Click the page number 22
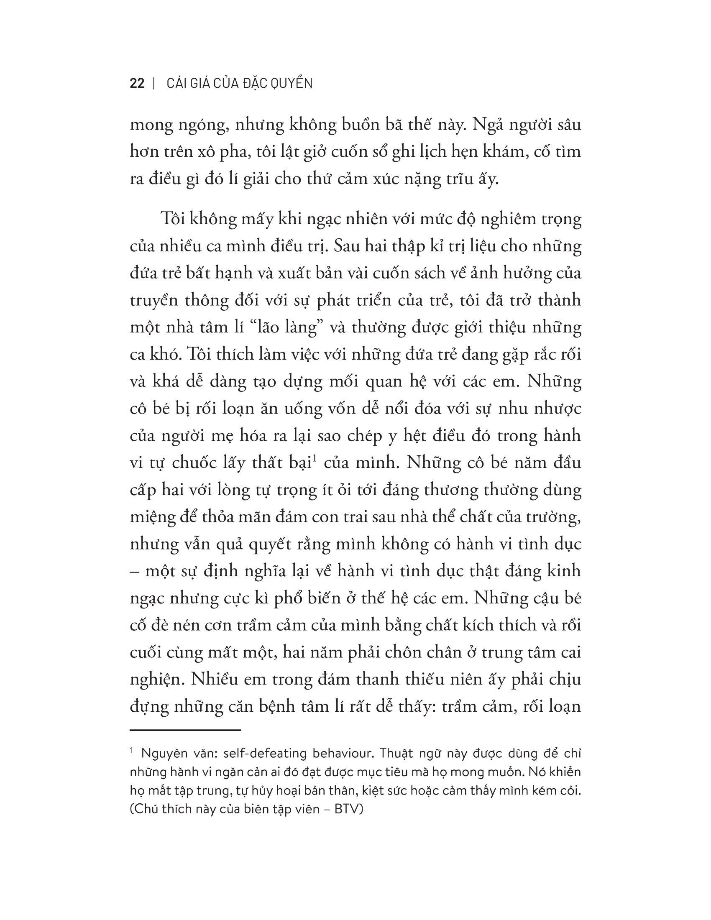(x=137, y=83)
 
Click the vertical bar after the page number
(x=155, y=83)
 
